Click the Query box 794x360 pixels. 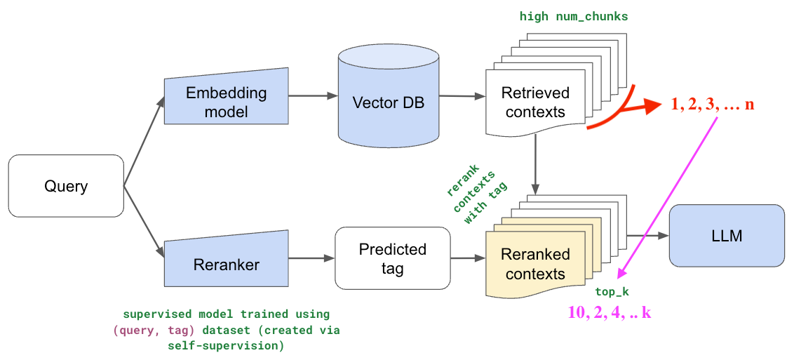click(x=66, y=186)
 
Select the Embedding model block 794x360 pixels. click(x=227, y=102)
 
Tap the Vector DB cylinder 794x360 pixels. click(x=388, y=102)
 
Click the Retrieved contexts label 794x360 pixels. click(x=535, y=102)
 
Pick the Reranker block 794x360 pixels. click(x=227, y=265)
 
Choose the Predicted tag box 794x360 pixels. click(x=392, y=258)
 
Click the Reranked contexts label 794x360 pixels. click(x=535, y=264)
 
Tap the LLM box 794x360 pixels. click(x=727, y=236)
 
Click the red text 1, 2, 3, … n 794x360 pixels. click(x=712, y=105)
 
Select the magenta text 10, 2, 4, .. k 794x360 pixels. click(x=609, y=312)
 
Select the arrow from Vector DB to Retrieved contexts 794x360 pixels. click(x=460, y=96)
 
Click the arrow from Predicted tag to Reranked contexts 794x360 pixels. click(x=467, y=258)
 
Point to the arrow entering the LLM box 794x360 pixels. click(x=647, y=236)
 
